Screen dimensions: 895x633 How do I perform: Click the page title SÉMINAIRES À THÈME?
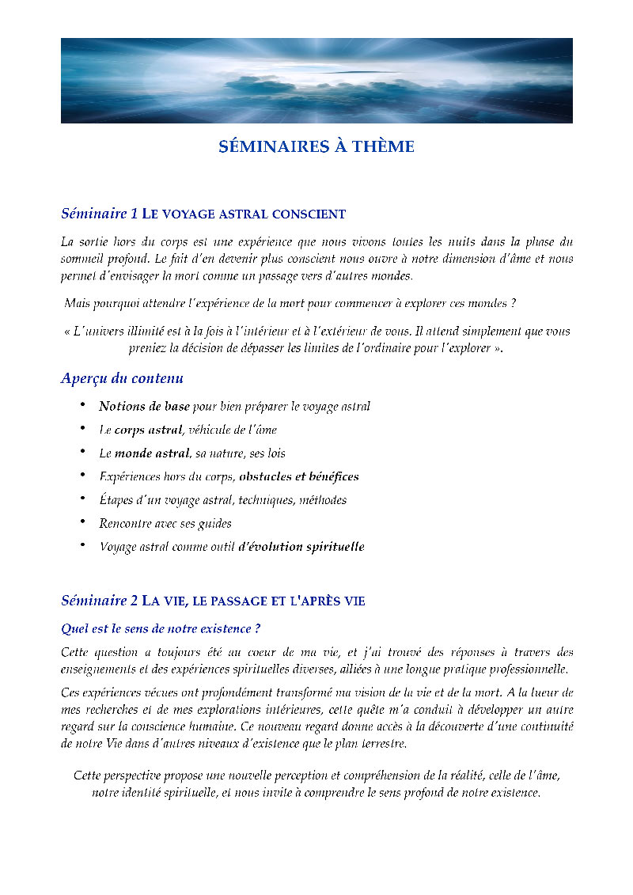pos(316,147)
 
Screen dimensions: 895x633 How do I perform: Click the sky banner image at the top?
pos(316,80)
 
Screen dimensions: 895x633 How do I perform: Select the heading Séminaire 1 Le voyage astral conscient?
pos(203,214)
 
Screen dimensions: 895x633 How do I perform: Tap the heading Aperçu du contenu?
pos(122,378)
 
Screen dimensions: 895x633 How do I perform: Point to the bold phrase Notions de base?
pos(144,407)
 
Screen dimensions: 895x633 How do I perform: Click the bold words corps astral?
pos(148,430)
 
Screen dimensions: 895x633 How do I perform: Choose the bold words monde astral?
pos(152,453)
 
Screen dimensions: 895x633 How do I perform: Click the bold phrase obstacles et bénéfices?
pos(298,476)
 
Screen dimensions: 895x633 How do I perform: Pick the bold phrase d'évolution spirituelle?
pos(301,547)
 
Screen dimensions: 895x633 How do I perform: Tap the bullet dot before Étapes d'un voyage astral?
pos(83,499)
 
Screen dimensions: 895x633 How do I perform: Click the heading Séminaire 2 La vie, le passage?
pos(213,601)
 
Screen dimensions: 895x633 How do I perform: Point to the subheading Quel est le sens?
pos(161,629)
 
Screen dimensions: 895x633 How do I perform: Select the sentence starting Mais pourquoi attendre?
pos(290,303)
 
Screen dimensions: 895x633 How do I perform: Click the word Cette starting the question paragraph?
pos(75,653)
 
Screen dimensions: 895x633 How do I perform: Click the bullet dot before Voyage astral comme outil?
pos(83,546)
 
